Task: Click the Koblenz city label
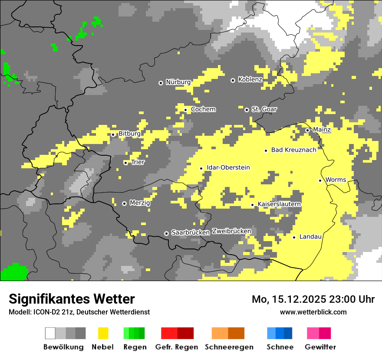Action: click(250, 79)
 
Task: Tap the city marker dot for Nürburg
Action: click(161, 82)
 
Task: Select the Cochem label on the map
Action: click(203, 109)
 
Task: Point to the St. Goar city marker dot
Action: click(247, 110)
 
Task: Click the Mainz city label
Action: click(322, 130)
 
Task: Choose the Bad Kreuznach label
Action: click(293, 150)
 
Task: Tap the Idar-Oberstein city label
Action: click(228, 167)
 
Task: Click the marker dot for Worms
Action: click(320, 180)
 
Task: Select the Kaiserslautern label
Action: click(279, 204)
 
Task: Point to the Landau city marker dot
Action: click(294, 237)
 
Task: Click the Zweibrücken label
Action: click(231, 231)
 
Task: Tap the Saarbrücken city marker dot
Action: click(166, 233)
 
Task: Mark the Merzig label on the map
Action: click(140, 203)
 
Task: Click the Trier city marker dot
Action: click(126, 163)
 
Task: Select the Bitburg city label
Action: click(129, 134)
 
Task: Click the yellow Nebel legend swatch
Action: click(103, 333)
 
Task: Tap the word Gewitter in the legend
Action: click(320, 347)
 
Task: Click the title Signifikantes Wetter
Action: click(72, 299)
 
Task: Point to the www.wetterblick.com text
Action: click(313, 312)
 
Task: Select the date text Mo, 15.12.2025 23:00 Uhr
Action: click(313, 299)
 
